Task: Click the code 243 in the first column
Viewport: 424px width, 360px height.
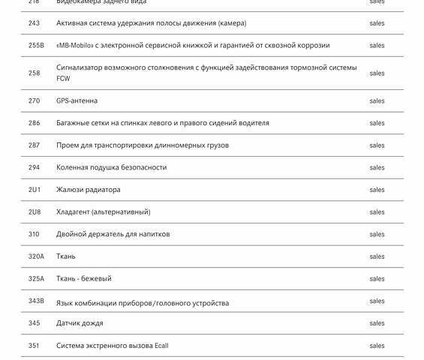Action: (x=34, y=23)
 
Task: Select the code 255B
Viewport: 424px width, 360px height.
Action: (x=36, y=46)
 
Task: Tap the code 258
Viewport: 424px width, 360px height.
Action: (x=34, y=73)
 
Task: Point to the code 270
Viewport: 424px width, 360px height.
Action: (x=34, y=101)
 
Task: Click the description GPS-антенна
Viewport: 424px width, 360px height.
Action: (x=77, y=101)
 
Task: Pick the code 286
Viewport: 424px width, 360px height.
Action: (x=34, y=123)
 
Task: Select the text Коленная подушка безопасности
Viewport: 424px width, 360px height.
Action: (x=111, y=167)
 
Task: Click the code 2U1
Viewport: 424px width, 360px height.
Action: (x=34, y=190)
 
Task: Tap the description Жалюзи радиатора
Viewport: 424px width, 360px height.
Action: (x=88, y=190)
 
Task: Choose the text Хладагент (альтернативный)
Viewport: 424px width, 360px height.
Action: (x=103, y=212)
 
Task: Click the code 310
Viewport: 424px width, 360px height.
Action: (x=34, y=234)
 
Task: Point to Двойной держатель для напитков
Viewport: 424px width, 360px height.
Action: (x=113, y=234)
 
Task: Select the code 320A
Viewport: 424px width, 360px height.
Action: (x=36, y=256)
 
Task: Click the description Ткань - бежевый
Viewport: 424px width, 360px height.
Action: (x=83, y=279)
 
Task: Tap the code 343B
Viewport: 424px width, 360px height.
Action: (x=36, y=301)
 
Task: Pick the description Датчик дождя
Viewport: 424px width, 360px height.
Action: (x=80, y=323)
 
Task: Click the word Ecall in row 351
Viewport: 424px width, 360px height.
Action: (x=161, y=346)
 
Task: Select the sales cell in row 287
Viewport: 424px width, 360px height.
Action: (x=377, y=145)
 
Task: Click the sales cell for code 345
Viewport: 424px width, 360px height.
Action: (x=377, y=323)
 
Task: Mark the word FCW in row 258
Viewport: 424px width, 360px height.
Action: (x=63, y=79)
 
